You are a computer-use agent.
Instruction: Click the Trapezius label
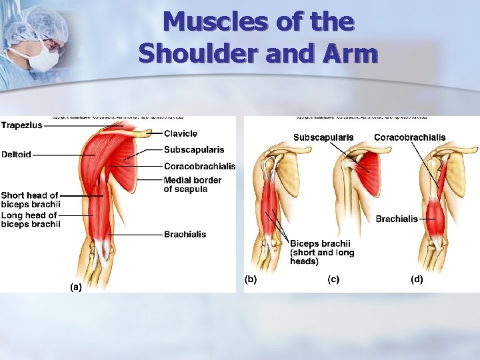point(22,125)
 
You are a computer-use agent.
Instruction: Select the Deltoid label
point(17,155)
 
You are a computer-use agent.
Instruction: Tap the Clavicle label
point(181,133)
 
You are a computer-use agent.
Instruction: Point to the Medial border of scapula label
point(193,185)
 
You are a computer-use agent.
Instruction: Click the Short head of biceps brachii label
point(31,199)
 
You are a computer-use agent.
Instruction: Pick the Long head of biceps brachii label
point(31,219)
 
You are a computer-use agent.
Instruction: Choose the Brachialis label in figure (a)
point(185,234)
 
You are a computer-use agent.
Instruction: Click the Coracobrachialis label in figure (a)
point(199,166)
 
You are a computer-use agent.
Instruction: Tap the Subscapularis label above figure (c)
point(323,137)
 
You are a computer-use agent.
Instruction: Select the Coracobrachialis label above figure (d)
point(409,137)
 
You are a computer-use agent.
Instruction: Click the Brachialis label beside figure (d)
point(397,219)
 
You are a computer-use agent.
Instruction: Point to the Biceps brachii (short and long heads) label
point(322,253)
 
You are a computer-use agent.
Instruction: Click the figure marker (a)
point(76,287)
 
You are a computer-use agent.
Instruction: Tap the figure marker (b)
point(251,279)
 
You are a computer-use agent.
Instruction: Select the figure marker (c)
point(333,279)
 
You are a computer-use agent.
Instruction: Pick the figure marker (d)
point(417,279)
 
